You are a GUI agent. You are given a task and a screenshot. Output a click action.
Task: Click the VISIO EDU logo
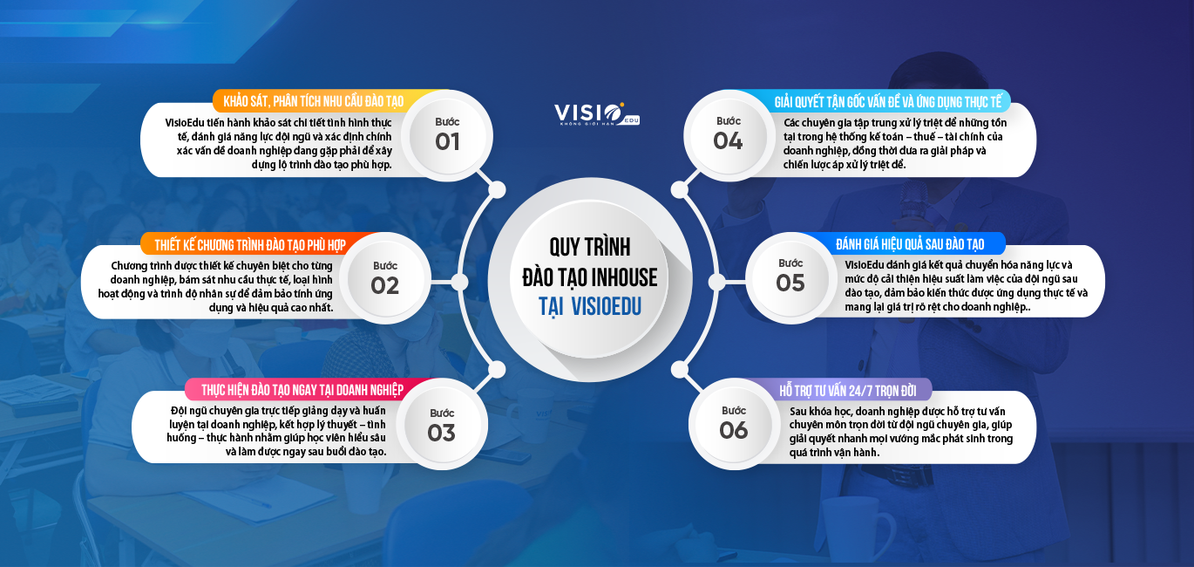[597, 114]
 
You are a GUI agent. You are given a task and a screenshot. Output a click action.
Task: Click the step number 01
[447, 142]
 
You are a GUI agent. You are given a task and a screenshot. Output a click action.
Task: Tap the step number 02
[385, 286]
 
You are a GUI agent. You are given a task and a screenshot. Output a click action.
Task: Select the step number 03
[441, 434]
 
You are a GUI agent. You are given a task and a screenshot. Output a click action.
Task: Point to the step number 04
[728, 141]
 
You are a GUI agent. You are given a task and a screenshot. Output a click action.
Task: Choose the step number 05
[790, 283]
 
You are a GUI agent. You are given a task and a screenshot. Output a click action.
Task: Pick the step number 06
[734, 430]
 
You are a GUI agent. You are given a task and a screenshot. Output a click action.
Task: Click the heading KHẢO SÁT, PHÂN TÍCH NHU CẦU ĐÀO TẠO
[314, 101]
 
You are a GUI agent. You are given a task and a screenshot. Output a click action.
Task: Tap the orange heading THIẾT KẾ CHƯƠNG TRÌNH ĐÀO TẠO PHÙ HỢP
[250, 245]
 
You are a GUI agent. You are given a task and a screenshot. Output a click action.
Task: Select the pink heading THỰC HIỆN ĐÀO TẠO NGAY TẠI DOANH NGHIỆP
[302, 390]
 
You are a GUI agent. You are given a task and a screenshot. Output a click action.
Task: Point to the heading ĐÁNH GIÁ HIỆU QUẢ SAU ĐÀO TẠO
[910, 244]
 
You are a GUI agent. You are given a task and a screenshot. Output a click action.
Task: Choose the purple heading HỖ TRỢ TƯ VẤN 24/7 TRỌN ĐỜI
[848, 391]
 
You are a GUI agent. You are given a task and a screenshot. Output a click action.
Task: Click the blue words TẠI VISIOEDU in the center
[589, 307]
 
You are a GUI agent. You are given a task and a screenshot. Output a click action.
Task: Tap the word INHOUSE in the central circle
[624, 277]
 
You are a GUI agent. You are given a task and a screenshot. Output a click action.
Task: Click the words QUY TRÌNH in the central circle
[589, 247]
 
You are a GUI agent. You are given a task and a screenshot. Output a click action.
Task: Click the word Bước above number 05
[790, 263]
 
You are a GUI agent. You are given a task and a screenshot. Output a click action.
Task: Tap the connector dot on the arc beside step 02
[459, 282]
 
